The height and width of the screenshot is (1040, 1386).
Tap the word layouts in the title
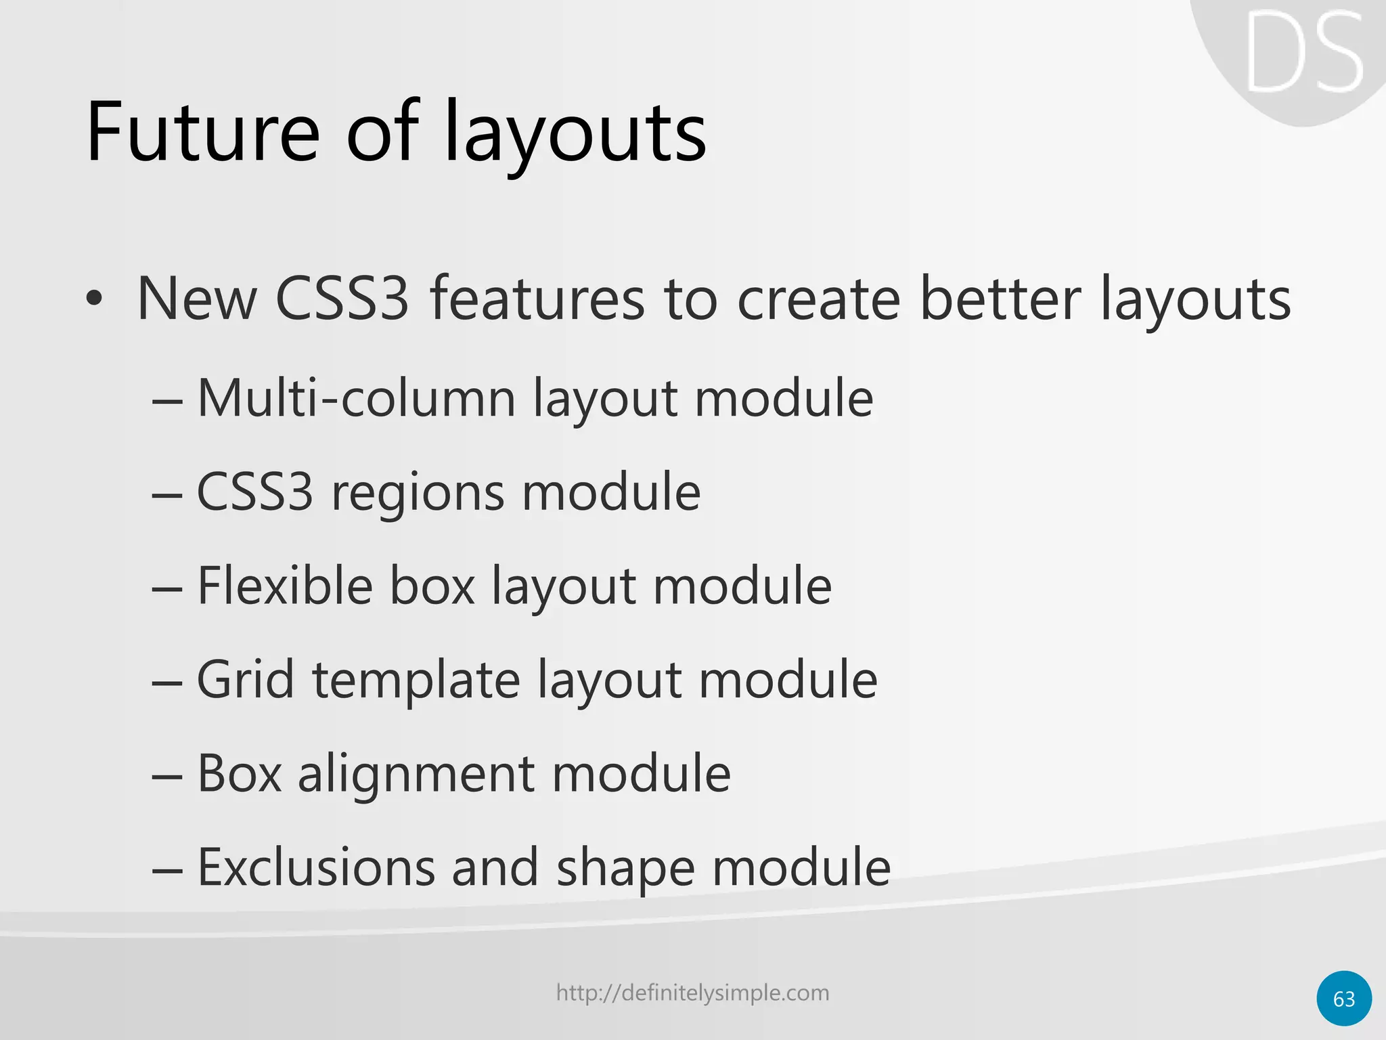click(x=575, y=135)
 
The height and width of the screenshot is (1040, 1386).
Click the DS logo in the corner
click(x=1303, y=54)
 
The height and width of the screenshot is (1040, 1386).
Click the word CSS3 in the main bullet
click(x=342, y=299)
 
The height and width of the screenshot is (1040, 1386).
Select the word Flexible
click(x=285, y=586)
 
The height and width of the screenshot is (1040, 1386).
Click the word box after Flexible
click(x=432, y=586)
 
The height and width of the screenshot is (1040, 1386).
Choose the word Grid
click(x=246, y=679)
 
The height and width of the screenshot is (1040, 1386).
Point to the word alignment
click(x=416, y=775)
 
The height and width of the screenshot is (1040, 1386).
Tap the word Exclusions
click(x=316, y=867)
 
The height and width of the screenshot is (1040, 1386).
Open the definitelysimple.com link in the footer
click(x=692, y=993)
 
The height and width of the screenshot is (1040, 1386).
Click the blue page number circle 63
click(x=1344, y=999)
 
